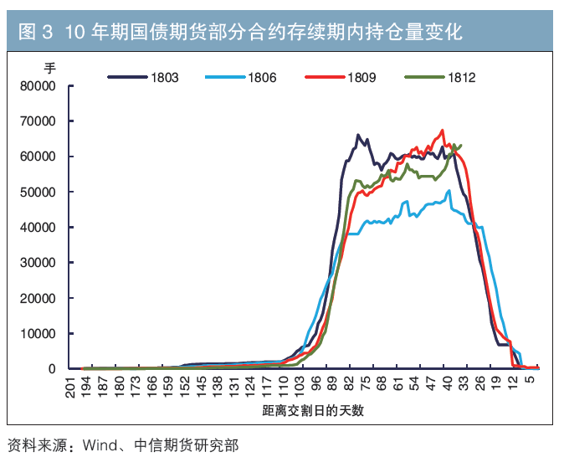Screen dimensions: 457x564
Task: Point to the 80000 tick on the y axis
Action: tap(38, 86)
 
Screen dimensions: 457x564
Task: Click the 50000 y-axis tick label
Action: tap(38, 193)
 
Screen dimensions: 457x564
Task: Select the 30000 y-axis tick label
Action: tap(38, 263)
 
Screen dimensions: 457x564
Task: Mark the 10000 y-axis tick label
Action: tap(38, 334)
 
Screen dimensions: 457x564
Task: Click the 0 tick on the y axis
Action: tap(51, 369)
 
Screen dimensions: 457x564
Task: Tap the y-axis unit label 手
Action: tap(49, 67)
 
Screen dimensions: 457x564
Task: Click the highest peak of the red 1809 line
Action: tap(443, 131)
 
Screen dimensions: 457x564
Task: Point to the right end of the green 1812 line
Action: tap(461, 145)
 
